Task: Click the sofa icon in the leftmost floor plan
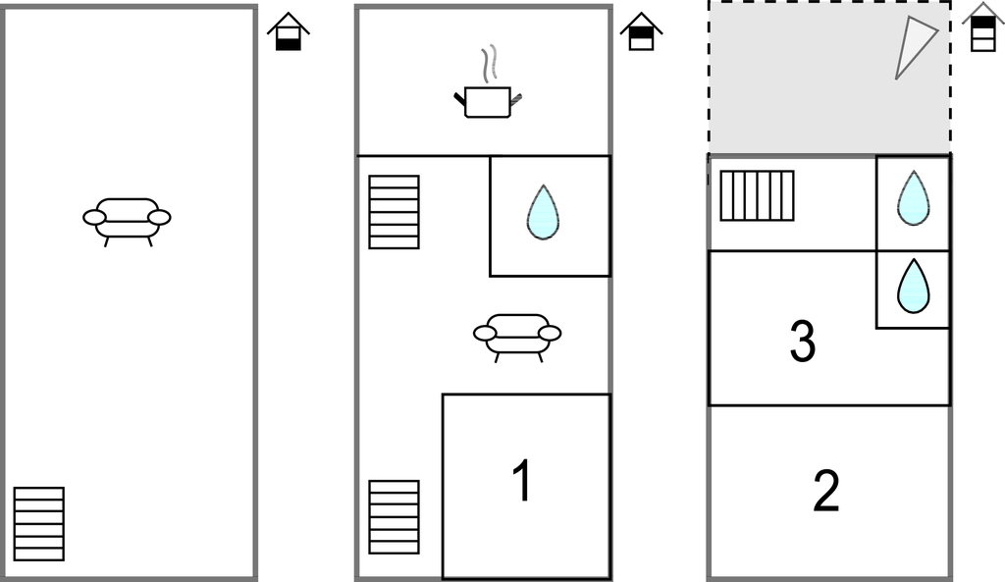pos(127,222)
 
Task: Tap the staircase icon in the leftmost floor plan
pos(39,524)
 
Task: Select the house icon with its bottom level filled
pos(289,31)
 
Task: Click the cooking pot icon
pos(488,102)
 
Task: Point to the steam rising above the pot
pos(489,64)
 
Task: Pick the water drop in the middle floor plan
pos(543,213)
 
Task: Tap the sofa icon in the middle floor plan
pos(517,338)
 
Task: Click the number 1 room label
pos(522,481)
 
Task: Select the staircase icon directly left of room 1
pos(395,517)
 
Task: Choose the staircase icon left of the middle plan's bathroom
pos(395,212)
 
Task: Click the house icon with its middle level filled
pos(642,31)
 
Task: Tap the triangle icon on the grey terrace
pos(914,46)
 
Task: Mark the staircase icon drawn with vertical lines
pos(757,195)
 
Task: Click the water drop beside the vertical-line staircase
pos(914,198)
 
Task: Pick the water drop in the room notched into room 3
pos(914,286)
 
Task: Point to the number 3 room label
pos(803,341)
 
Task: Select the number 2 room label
pos(826,491)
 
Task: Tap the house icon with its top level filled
pos(983,26)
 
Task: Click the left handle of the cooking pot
pos(460,99)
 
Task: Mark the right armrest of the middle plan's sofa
pos(550,334)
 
